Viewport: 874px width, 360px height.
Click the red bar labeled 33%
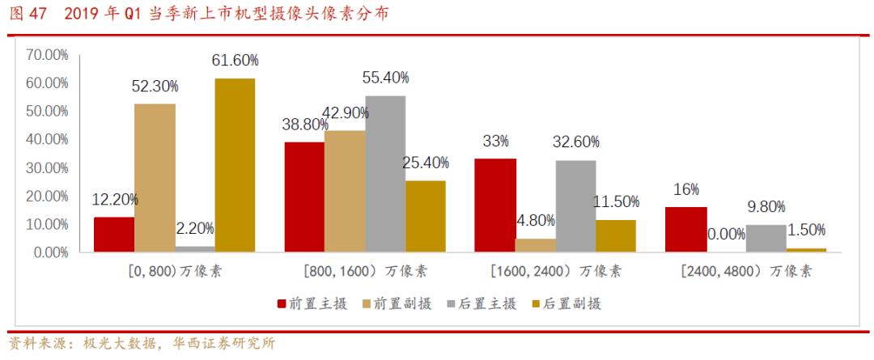[x=495, y=205]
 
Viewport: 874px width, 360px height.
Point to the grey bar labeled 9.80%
[x=766, y=238]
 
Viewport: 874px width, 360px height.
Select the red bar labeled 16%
[x=685, y=230]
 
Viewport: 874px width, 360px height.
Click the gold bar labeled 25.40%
[x=426, y=216]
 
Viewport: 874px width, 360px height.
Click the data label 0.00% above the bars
[x=726, y=234]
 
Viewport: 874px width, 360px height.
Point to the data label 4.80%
[x=536, y=221]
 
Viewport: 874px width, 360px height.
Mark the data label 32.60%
[x=576, y=142]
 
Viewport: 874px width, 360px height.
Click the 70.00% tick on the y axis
[x=47, y=55]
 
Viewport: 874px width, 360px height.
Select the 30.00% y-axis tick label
[x=47, y=167]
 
